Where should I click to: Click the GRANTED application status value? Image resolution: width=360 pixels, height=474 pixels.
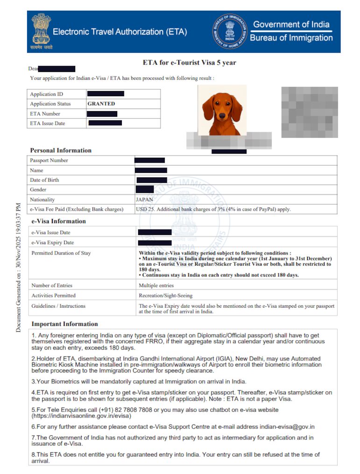pyautogui.click(x=101, y=104)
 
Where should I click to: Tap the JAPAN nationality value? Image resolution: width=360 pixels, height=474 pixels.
pyautogui.click(x=144, y=199)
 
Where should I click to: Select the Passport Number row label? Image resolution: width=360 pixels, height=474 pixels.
pyautogui.click(x=49, y=160)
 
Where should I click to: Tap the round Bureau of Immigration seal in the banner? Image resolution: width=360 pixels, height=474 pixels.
pyautogui.click(x=230, y=32)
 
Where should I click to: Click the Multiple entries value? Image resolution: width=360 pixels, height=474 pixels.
pyautogui.click(x=156, y=285)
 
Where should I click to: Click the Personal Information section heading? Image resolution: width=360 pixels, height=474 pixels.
pyautogui.click(x=61, y=150)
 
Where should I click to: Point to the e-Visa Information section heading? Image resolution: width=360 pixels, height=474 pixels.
pyautogui.click(x=59, y=221)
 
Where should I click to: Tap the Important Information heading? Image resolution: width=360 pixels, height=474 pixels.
pyautogui.click(x=65, y=324)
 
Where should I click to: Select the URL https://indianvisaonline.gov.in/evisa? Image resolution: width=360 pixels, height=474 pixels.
pyautogui.click(x=81, y=415)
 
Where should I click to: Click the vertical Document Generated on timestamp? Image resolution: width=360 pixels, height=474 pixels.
pyautogui.click(x=18, y=267)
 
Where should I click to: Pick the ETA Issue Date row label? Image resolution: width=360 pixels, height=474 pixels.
pyautogui.click(x=48, y=123)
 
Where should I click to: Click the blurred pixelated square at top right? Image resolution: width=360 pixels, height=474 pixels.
pyautogui.click(x=310, y=112)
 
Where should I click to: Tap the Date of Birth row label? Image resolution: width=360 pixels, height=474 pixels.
pyautogui.click(x=45, y=180)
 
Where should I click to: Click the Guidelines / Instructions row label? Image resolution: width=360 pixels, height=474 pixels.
pyautogui.click(x=58, y=306)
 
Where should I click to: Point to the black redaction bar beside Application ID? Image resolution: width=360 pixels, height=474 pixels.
pyautogui.click(x=106, y=94)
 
